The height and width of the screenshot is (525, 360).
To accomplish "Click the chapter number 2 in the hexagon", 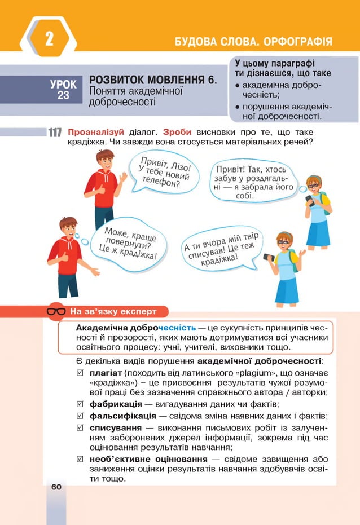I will pos(49,39).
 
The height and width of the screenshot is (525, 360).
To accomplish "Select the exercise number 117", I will pos(55,133).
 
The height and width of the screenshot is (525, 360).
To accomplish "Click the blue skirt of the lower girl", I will pos(287,290).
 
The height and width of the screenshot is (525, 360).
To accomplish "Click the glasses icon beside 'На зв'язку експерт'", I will pos(56,311).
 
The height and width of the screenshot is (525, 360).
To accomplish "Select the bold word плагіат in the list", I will pos(105,373).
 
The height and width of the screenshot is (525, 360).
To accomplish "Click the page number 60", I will pos(56,486).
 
